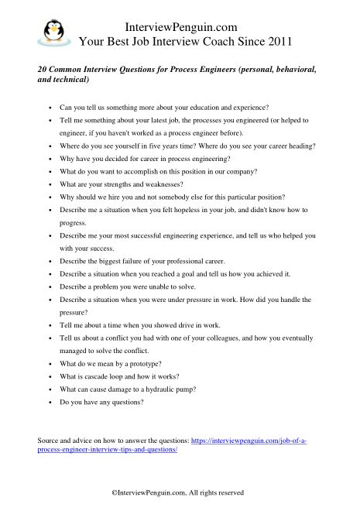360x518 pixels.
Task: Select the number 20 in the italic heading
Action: [x=42, y=69]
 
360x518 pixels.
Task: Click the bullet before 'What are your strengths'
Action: [x=50, y=184]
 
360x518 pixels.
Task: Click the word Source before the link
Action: [x=48, y=440]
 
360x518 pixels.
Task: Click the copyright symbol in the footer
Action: [x=115, y=491]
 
